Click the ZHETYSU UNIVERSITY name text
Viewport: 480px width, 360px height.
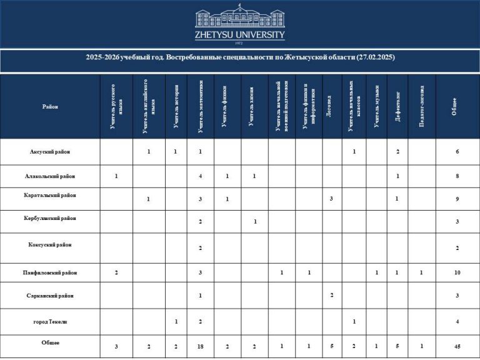240,35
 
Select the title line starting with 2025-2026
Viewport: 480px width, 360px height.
240,57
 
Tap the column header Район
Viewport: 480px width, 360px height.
50,107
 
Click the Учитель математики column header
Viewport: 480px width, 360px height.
200,107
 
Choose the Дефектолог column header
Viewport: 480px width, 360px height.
398,107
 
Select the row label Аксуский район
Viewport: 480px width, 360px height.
50,152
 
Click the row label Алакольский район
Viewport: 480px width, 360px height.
50,176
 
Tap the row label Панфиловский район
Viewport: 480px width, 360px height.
50,272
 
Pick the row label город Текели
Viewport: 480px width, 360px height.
50,321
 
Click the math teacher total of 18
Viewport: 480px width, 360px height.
200,346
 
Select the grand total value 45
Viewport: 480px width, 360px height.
457,346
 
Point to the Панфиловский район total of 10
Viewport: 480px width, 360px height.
457,272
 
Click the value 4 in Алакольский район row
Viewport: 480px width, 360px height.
200,176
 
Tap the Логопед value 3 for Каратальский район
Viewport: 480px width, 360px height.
330,199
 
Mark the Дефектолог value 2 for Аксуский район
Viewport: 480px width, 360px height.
398,152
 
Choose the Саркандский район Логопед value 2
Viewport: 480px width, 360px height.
330,295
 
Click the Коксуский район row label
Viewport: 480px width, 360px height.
50,244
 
